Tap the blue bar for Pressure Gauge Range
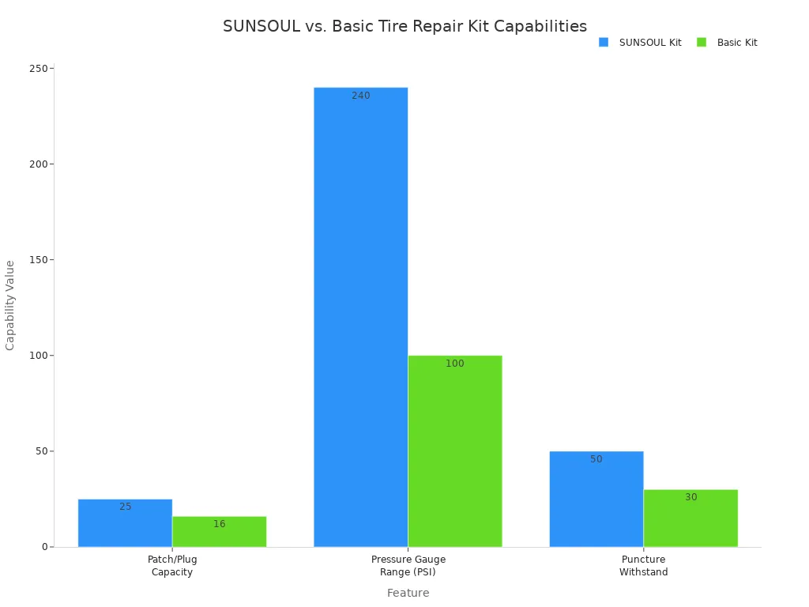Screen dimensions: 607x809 [360, 316]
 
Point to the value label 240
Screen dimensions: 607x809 [361, 96]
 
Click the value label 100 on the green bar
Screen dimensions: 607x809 [455, 364]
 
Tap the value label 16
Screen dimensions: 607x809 [219, 524]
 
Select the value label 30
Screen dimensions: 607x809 [691, 497]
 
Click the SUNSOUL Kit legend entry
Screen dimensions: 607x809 [640, 43]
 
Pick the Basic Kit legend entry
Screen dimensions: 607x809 [727, 43]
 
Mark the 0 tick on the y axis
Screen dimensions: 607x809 [46, 547]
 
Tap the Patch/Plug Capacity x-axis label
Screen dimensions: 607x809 [172, 566]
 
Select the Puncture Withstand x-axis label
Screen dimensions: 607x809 [643, 566]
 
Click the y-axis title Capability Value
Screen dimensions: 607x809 [11, 305]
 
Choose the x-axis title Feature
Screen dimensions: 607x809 [408, 593]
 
